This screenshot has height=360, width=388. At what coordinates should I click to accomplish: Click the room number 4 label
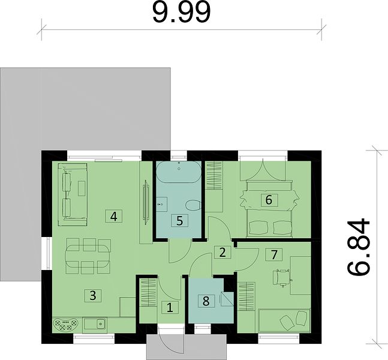113,216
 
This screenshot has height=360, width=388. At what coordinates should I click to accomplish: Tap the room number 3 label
93,295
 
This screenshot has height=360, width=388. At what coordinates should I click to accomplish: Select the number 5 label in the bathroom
180,220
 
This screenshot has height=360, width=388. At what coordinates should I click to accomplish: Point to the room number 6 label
269,200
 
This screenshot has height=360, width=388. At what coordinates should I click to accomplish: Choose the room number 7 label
273,254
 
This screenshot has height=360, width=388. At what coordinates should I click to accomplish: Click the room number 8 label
206,301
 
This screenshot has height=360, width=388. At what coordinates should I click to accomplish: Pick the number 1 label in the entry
170,308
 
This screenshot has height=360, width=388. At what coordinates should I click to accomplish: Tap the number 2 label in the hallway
222,252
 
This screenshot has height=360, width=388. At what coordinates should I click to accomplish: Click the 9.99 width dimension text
181,13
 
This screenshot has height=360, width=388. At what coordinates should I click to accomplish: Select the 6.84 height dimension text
358,247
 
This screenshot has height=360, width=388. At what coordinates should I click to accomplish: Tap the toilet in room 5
193,205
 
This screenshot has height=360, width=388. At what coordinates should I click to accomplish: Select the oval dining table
88,256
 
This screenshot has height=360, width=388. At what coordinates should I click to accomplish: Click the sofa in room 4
72,194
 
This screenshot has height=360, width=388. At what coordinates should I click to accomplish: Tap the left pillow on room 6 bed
258,227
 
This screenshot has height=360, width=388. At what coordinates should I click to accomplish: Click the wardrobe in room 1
148,292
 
